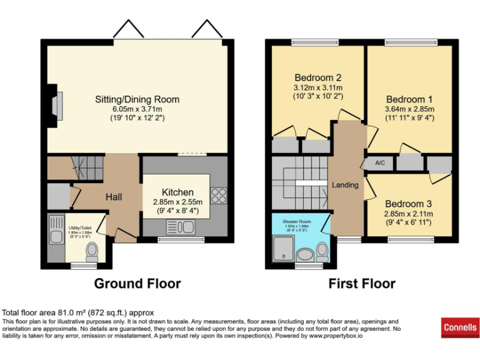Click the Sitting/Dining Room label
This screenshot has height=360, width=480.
click(x=137, y=99)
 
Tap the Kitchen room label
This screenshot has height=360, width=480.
click(x=177, y=192)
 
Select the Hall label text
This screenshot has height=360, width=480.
click(x=114, y=197)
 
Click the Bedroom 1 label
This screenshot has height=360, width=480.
click(x=409, y=99)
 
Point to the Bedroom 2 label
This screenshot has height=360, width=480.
click(x=318, y=78)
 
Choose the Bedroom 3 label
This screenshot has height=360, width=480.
click(x=407, y=204)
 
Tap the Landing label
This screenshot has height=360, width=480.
click(x=345, y=185)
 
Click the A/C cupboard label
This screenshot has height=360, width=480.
click(x=380, y=163)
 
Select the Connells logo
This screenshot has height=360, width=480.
click(x=460, y=327)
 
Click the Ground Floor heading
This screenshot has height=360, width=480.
click(x=137, y=284)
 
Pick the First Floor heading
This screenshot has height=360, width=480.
click(x=362, y=284)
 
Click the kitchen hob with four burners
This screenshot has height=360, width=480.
click(x=219, y=196)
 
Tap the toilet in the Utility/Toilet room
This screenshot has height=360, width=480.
click(x=92, y=251)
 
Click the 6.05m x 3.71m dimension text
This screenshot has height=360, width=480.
click(x=137, y=109)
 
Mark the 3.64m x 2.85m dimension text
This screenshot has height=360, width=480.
click(x=409, y=109)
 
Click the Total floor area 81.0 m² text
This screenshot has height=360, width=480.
click(x=78, y=312)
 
